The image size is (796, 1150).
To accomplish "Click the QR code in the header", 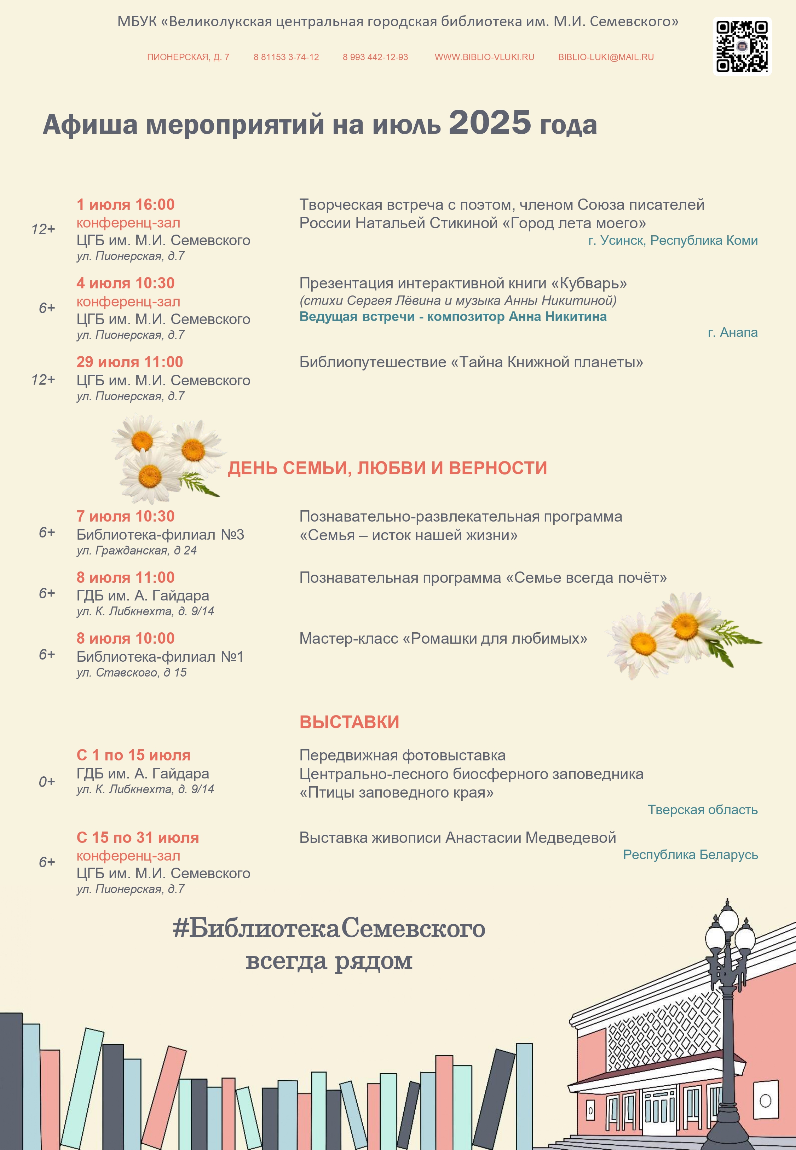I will [742, 46].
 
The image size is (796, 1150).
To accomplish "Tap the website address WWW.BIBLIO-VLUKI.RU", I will [484, 57].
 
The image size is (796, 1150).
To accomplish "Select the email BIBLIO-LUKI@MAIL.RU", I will [605, 57].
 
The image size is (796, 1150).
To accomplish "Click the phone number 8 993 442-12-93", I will [375, 57].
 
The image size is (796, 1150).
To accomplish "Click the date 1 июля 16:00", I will [125, 205].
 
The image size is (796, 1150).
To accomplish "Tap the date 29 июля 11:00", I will [130, 362].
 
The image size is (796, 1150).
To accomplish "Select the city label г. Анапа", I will [732, 333].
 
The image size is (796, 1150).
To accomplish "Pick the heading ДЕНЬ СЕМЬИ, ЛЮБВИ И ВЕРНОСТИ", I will [387, 468].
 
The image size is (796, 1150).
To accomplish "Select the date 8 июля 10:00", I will [125, 638].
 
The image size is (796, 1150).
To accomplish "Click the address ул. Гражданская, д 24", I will [136, 551].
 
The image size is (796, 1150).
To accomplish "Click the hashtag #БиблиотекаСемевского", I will [329, 928].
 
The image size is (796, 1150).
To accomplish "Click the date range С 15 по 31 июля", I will [138, 838].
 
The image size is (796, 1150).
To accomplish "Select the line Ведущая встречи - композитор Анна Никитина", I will [453, 317].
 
